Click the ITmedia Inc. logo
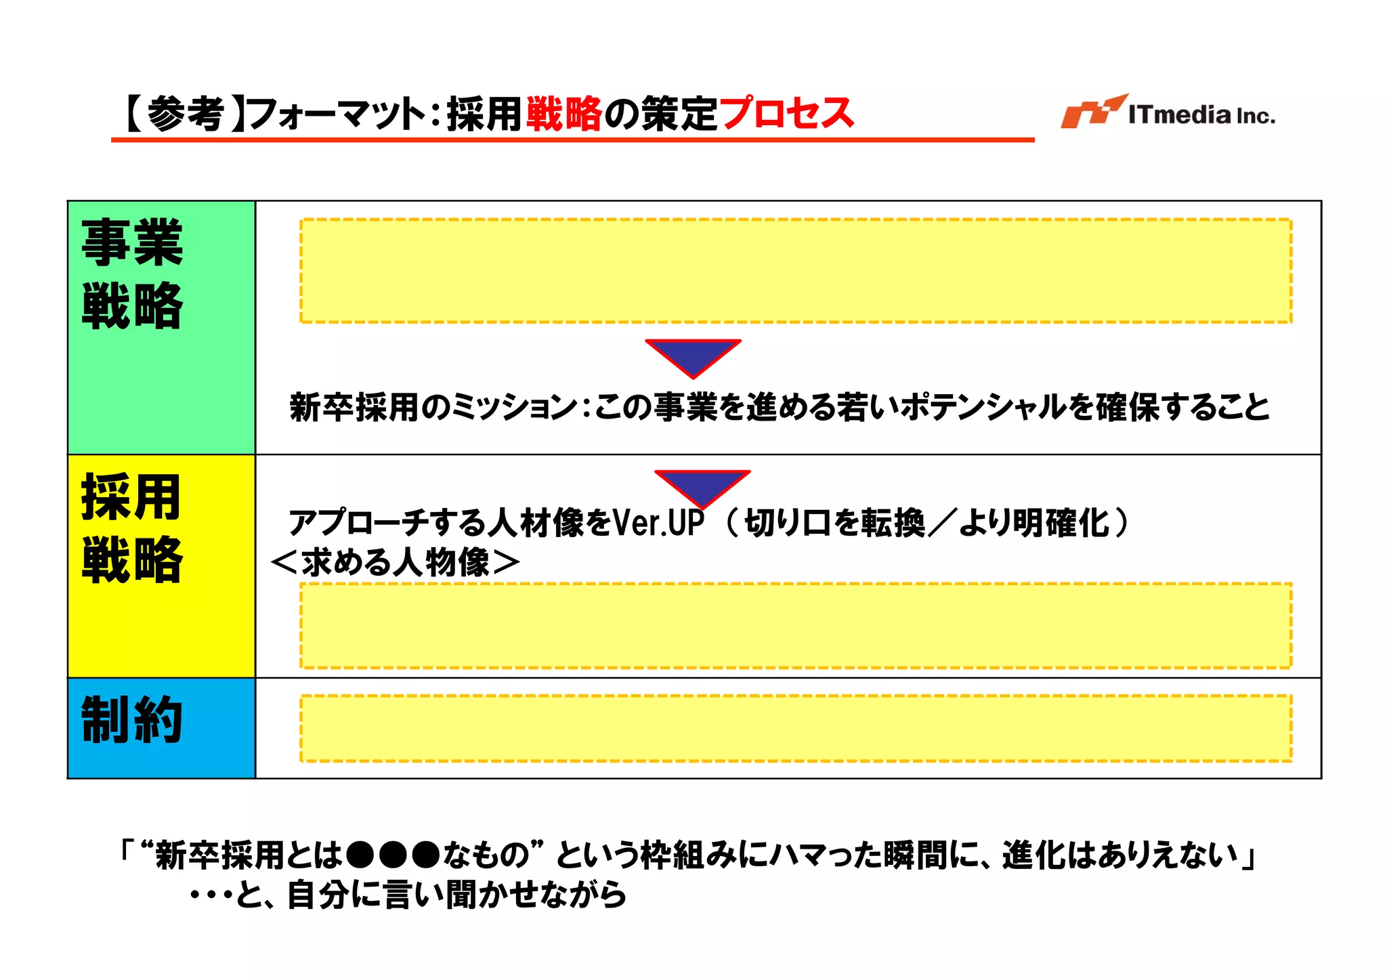(1168, 112)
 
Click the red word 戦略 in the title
(563, 113)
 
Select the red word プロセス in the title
(786, 113)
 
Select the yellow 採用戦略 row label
(133, 528)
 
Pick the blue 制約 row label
(133, 720)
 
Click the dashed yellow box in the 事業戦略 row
(796, 270)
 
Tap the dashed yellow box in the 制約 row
(796, 728)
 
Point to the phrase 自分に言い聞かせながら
(456, 895)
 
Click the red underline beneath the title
(572, 140)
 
